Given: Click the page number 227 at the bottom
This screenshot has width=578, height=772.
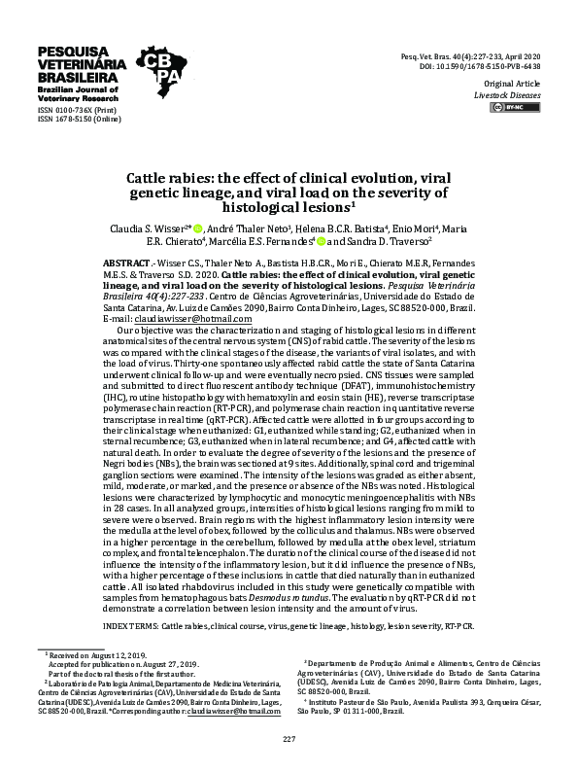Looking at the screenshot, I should coord(289,741).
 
